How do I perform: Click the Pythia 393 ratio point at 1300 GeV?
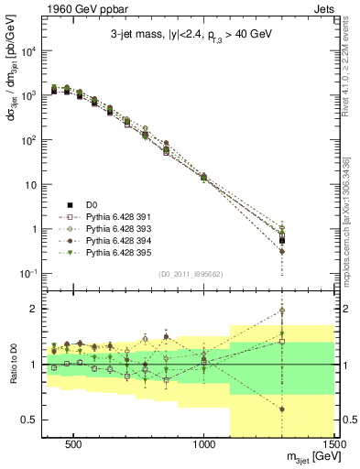[x=282, y=311]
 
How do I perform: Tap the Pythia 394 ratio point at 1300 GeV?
[x=282, y=409]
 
